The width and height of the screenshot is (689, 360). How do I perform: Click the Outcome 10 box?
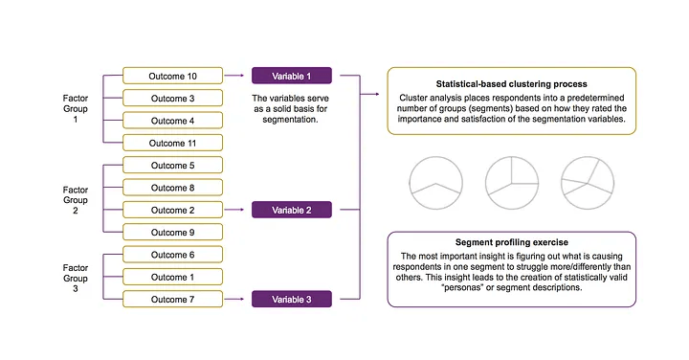click(172, 75)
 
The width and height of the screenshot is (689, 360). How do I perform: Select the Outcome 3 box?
click(172, 98)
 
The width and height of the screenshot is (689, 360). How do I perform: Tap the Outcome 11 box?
click(172, 143)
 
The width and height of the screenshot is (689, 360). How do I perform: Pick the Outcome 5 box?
click(172, 165)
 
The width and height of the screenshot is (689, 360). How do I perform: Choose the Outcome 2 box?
click(172, 210)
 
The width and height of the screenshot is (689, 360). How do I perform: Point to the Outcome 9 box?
click(172, 232)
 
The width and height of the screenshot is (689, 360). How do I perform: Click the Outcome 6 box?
click(172, 255)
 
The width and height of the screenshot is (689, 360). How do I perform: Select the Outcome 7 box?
click(172, 300)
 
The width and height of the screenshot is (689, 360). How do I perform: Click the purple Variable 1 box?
click(291, 75)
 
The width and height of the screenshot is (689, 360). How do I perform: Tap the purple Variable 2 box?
click(291, 210)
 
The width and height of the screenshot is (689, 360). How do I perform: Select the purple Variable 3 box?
click(291, 300)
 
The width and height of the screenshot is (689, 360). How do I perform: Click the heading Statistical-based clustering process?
click(512, 82)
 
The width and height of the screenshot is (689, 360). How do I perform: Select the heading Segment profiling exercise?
click(512, 243)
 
